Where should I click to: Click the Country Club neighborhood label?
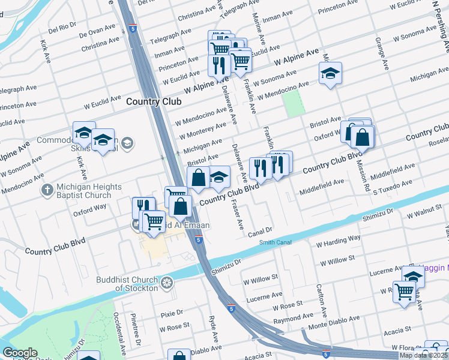click(154, 101)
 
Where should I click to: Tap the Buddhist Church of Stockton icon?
click(167, 283)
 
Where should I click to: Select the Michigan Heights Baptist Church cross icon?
click(47, 190)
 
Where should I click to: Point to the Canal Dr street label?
click(261, 229)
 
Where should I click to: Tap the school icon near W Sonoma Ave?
click(330, 74)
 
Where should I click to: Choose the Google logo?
click(20, 353)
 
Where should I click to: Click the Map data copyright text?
click(423, 355)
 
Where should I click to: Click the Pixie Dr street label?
click(171, 313)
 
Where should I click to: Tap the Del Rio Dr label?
click(62, 27)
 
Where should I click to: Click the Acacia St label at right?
click(399, 329)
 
